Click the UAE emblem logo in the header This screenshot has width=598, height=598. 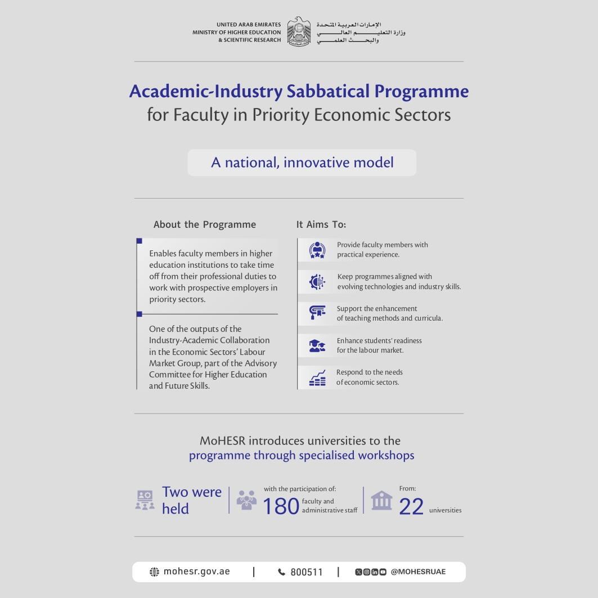point(299,32)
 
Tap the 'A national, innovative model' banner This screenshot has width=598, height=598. point(302,163)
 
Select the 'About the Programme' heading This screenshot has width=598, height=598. point(205,224)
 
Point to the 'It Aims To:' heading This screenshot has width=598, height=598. point(321,224)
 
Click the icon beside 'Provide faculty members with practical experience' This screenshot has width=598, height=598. point(317,250)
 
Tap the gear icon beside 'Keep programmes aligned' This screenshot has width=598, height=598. point(317,282)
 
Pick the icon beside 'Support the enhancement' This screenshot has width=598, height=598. point(317,313)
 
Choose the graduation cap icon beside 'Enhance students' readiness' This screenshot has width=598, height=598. point(317,345)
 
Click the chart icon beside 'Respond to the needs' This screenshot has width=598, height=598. point(317,377)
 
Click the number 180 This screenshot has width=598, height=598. point(281,507)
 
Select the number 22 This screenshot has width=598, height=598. point(411,507)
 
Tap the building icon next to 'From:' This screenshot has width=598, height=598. point(381,500)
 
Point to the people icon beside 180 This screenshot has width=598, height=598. point(247,500)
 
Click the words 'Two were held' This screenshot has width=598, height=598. point(191,500)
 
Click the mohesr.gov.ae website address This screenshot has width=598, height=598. point(196,572)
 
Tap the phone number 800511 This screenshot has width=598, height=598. point(307,572)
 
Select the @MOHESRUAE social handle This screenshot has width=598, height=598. point(418,572)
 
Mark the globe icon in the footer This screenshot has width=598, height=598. point(154,572)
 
